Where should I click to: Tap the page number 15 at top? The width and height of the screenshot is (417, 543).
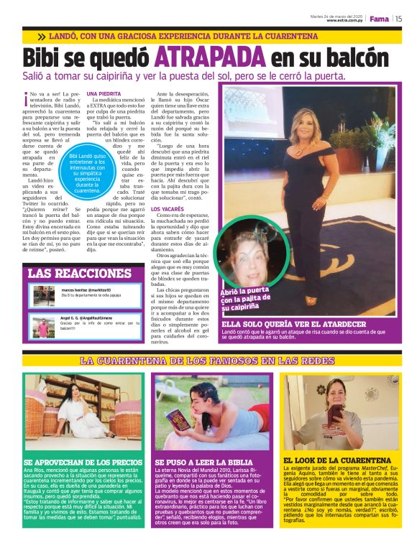(398, 19)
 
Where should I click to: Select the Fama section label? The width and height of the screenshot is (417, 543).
(379, 19)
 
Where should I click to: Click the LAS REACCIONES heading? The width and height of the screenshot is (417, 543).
(80, 274)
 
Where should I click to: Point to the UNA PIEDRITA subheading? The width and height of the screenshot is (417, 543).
(104, 94)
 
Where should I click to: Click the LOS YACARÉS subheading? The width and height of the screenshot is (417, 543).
(167, 209)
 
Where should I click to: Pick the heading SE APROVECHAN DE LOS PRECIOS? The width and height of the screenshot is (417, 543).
(83, 463)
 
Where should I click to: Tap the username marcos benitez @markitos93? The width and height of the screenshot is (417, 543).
(86, 289)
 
